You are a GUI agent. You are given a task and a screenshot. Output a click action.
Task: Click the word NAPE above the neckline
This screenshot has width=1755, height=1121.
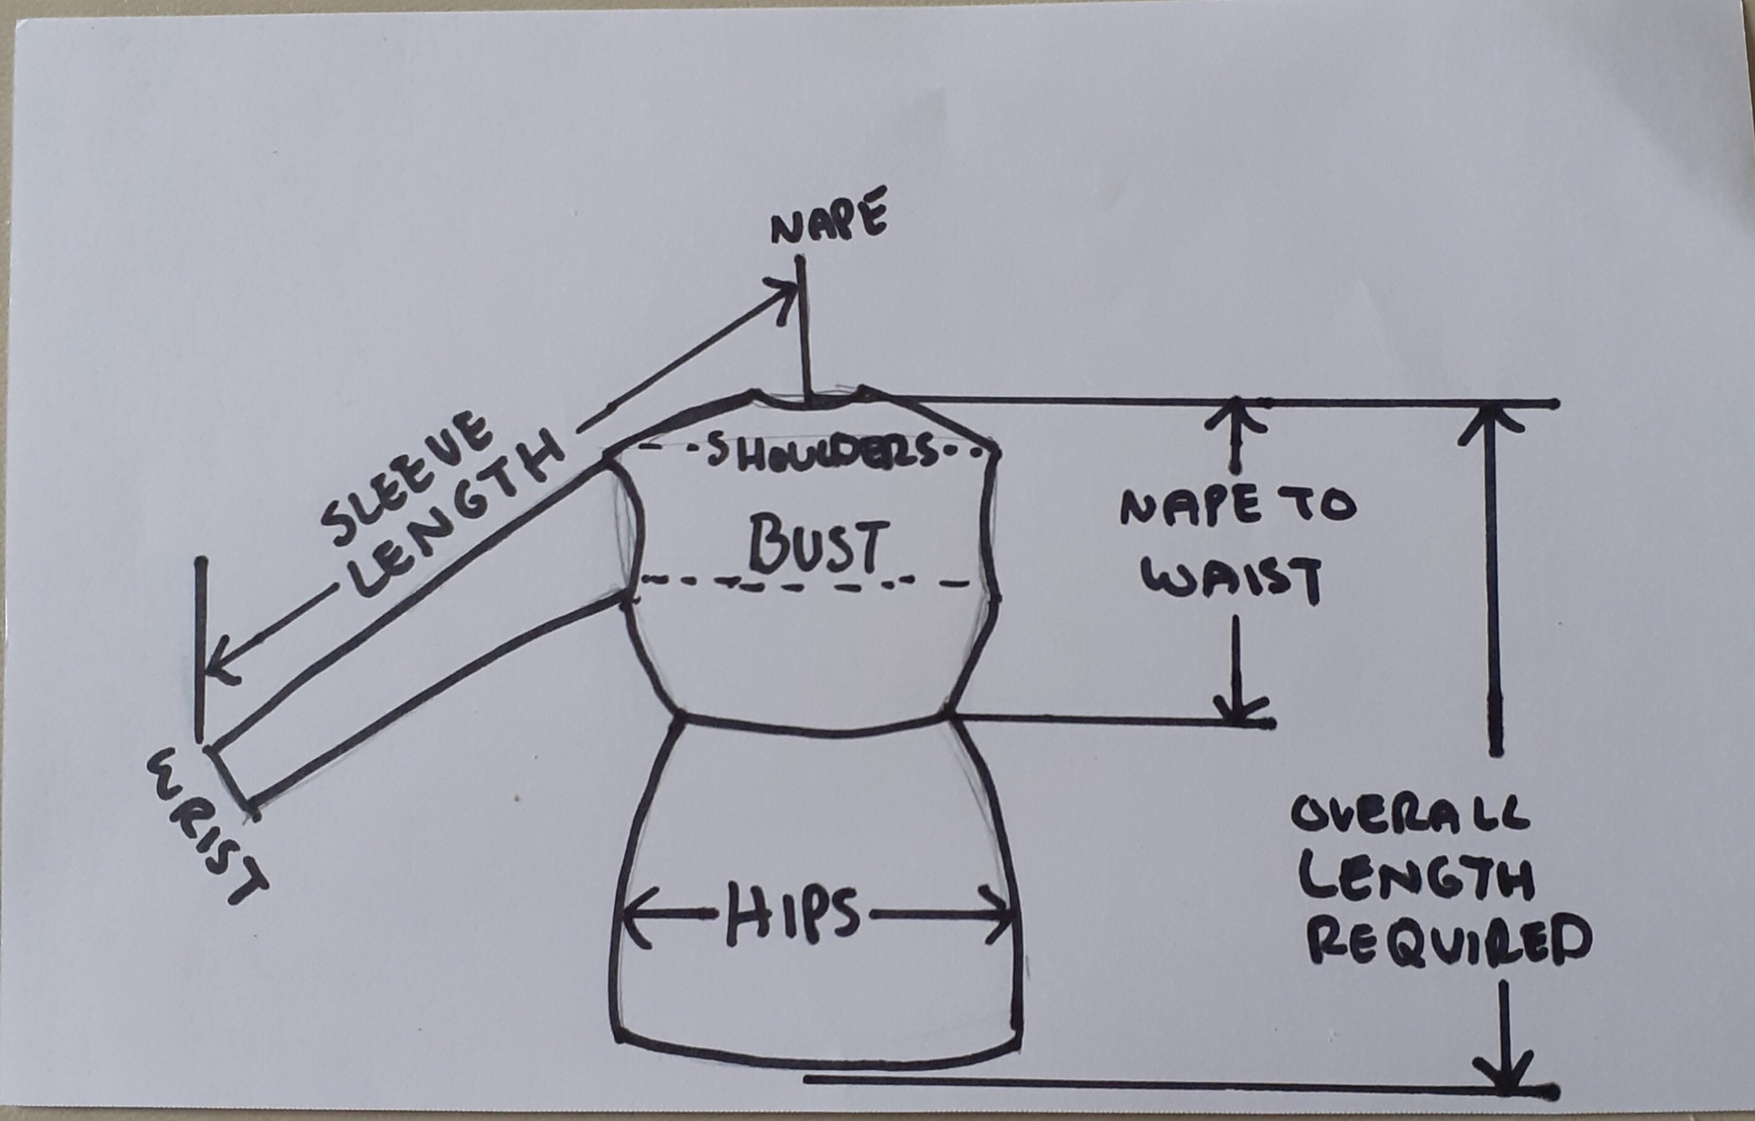829,217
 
